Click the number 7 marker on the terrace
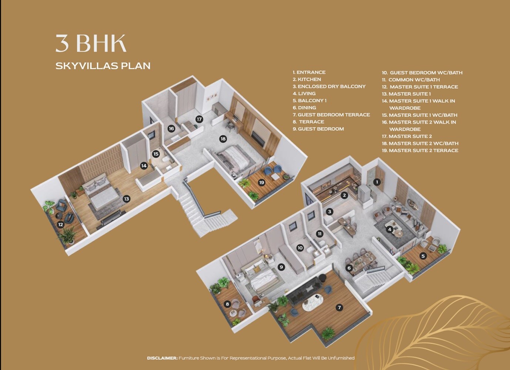(339, 307)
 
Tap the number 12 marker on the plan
(61, 225)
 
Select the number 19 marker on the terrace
(262, 182)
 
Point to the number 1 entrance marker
(377, 182)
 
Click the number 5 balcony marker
(423, 256)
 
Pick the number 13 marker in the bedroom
(127, 199)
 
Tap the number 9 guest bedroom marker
(281, 267)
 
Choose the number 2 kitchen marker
(344, 195)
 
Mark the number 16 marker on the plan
(171, 129)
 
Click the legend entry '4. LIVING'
(304, 94)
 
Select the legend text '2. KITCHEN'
(307, 80)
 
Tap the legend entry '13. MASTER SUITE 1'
(406, 94)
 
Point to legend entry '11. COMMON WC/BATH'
(411, 80)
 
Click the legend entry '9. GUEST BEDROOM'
(318, 129)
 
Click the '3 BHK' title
(91, 44)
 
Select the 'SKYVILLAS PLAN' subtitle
(103, 66)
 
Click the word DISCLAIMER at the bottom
(162, 358)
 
